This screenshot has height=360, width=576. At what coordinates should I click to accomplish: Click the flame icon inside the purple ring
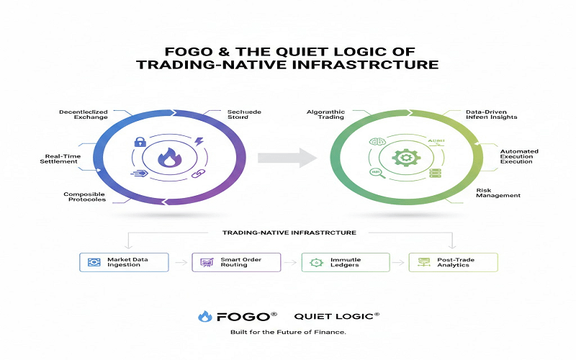[169, 158]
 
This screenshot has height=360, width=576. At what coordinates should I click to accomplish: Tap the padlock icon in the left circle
[141, 142]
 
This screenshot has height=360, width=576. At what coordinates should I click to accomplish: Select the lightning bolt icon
[198, 142]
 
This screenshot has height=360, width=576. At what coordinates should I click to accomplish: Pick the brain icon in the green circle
[374, 141]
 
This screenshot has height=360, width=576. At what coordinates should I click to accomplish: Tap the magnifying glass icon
[375, 173]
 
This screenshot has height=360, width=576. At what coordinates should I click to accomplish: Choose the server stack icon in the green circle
[434, 174]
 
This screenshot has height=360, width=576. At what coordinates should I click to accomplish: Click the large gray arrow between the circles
[287, 156]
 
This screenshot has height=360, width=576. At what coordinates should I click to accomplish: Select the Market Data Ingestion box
[124, 262]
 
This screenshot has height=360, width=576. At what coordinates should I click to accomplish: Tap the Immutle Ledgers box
[345, 262]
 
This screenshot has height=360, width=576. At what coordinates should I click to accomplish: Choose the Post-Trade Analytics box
[451, 262]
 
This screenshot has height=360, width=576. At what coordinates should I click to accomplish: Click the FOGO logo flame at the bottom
[205, 316]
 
